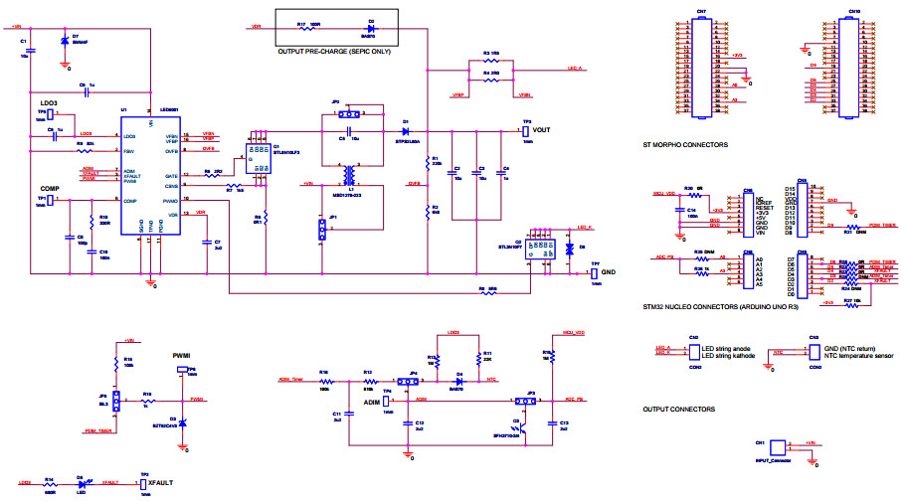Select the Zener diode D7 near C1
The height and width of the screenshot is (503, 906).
pos(65,41)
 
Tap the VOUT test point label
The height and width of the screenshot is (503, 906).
pos(541,130)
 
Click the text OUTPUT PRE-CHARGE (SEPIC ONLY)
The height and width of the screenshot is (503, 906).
pos(334,51)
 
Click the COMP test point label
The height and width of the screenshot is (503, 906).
pos(52,188)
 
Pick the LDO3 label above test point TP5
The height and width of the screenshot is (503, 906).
pos(50,102)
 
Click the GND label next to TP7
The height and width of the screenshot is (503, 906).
pos(609,270)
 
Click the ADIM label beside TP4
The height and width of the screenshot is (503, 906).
pos(371,403)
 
